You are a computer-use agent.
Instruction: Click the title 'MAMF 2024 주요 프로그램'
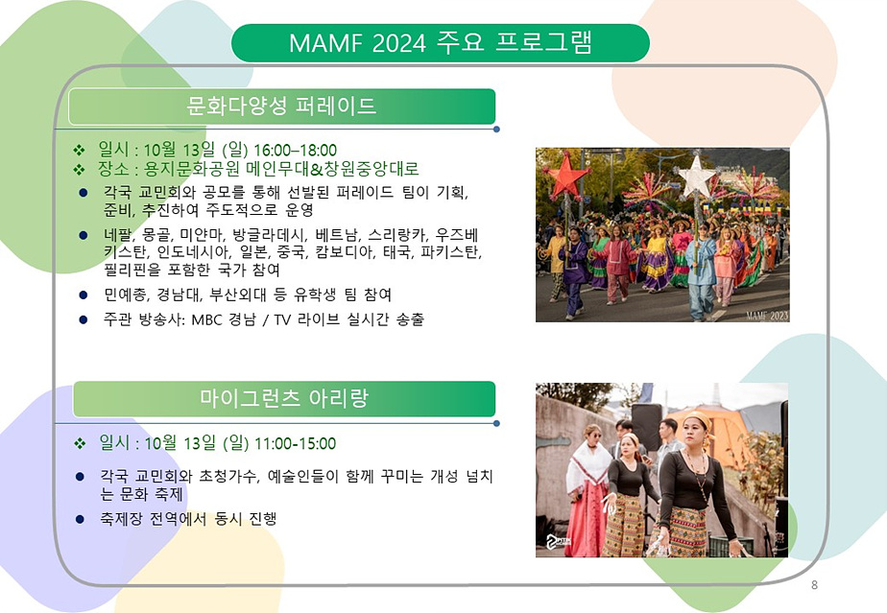[x=441, y=43]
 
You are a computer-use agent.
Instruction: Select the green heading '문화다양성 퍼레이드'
[x=281, y=106]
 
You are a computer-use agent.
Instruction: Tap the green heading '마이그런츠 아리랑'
[x=284, y=398]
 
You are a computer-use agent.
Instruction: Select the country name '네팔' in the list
[x=118, y=233]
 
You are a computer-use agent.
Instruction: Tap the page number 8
[x=814, y=584]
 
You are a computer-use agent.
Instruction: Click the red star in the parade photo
[x=567, y=177]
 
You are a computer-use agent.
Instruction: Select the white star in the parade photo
[x=697, y=177]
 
